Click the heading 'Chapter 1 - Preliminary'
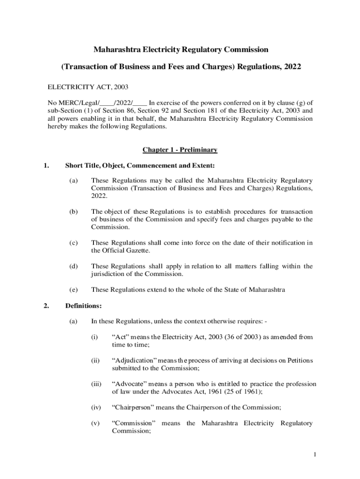pyautogui.click(x=180, y=150)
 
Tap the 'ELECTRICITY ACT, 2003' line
pyautogui.click(x=88, y=87)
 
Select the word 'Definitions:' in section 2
pyautogui.click(x=83, y=306)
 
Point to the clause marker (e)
pyautogui.click(x=73, y=290)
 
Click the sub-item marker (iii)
pyautogui.click(x=96, y=384)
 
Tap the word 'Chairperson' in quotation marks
pyautogui.click(x=133, y=407)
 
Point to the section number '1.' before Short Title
pyautogui.click(x=46, y=165)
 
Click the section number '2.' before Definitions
pyautogui.click(x=46, y=306)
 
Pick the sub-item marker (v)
pyautogui.click(x=95, y=423)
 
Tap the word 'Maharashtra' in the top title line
pyautogui.click(x=116, y=49)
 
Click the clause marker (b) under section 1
pyautogui.click(x=73, y=211)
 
